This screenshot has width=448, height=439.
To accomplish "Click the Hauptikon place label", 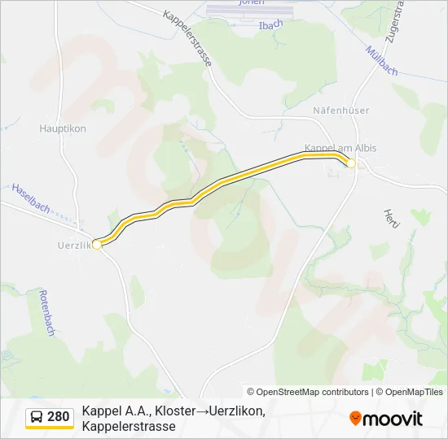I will click(x=63, y=128).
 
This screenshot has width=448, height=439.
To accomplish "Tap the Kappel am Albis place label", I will click(x=340, y=147).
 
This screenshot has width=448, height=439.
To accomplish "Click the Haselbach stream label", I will click(x=30, y=198).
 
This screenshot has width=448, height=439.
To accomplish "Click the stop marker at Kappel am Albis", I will click(x=351, y=163).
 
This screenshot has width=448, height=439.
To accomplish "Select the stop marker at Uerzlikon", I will click(x=97, y=244).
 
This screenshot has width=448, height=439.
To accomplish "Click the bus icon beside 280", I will click(x=37, y=418).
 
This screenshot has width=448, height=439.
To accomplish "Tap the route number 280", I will click(x=59, y=418).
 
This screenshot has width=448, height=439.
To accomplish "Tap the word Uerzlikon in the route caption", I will click(x=237, y=411).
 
